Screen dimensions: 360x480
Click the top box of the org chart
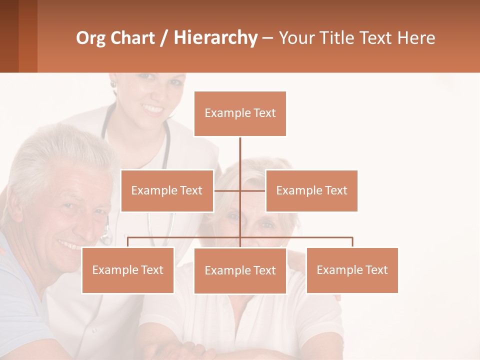240,113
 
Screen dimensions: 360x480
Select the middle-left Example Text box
167,190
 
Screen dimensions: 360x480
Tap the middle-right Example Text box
311,190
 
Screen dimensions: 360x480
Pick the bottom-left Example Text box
127,270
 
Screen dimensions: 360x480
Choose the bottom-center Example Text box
240,270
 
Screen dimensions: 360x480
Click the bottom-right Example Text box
352,270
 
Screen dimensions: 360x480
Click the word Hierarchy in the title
215,38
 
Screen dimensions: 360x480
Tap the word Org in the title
91,38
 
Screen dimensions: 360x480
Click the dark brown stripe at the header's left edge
9,36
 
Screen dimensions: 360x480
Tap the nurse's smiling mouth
152,108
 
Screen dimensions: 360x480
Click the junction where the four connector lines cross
240,190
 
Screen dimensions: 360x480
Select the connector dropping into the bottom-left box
127,242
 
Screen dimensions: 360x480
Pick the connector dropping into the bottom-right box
352,242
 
